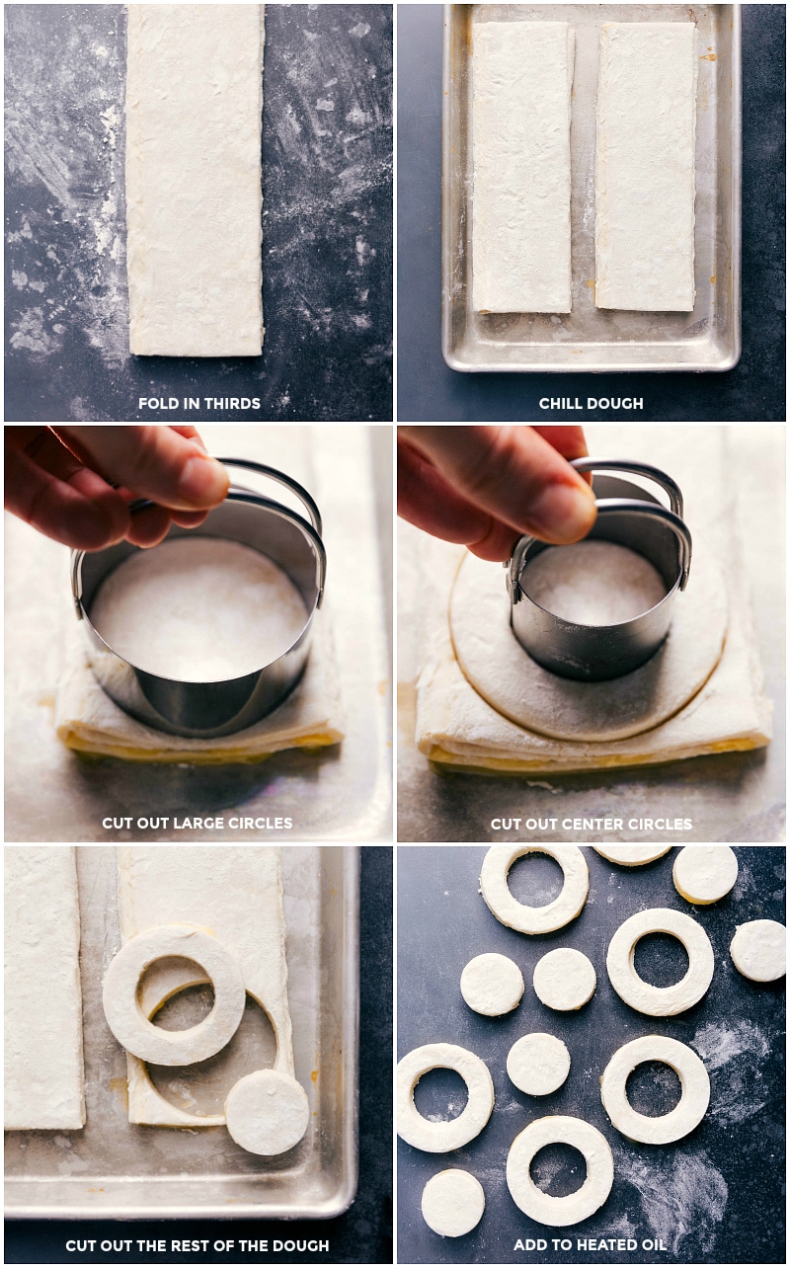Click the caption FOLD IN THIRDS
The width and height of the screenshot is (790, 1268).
tap(198, 403)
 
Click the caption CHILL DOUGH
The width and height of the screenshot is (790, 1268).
tap(591, 403)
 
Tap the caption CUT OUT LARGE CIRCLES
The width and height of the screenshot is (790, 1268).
tap(197, 823)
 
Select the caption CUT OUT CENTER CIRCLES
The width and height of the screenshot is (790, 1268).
tap(591, 824)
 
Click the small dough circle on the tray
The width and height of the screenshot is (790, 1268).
tap(267, 1112)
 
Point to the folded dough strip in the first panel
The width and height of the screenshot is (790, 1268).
tap(195, 178)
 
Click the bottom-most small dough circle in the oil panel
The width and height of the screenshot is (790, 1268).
tap(452, 1202)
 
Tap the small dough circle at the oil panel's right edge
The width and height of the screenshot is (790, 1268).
tap(758, 950)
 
